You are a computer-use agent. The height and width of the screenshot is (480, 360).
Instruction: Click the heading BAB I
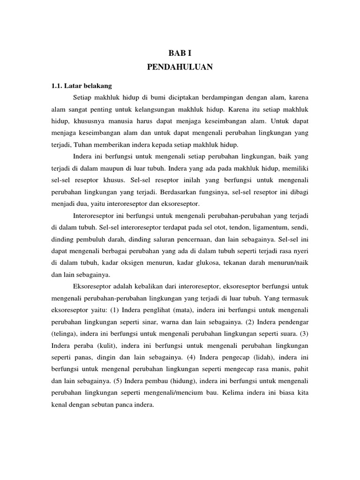[x=180, y=53]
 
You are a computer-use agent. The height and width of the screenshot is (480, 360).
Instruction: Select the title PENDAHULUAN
[x=180, y=67]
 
